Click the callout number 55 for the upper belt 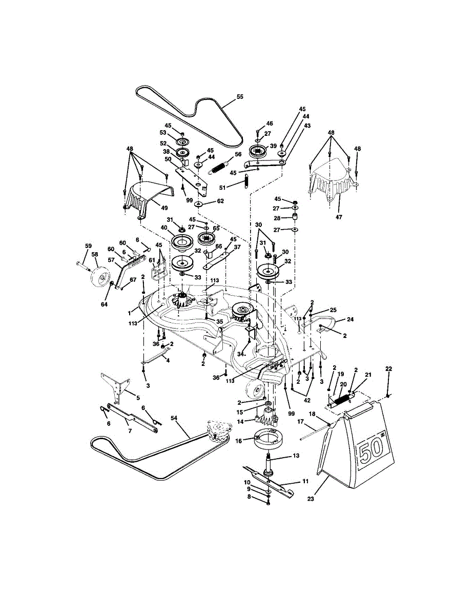(240, 97)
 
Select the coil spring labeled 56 (219, 165)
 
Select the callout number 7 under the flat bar (130, 431)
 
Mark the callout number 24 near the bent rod (351, 319)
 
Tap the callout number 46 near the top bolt (270, 123)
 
